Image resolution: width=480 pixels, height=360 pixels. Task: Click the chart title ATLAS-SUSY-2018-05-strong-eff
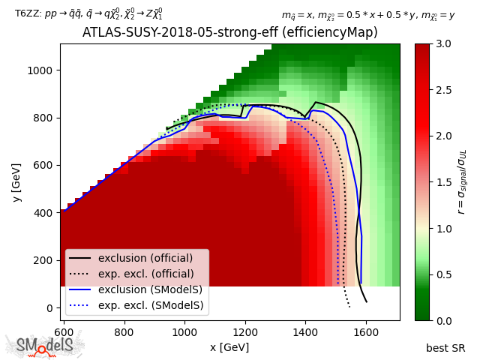tap(229, 33)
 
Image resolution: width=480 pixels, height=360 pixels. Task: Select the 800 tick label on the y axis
tap(46, 118)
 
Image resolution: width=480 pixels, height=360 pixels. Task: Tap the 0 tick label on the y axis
tap(52, 308)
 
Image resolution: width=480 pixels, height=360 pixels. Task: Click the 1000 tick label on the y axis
tap(43, 70)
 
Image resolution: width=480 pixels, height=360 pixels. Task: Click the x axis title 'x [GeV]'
tap(229, 347)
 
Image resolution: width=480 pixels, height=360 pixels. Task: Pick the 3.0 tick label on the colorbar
tap(442, 44)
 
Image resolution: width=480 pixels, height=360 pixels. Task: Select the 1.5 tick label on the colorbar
tap(442, 182)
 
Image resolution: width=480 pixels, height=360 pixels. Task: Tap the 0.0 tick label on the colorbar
tap(442, 320)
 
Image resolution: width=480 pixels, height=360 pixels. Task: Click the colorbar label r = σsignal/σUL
tap(462, 181)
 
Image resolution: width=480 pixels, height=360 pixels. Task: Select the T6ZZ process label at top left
tap(88, 14)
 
